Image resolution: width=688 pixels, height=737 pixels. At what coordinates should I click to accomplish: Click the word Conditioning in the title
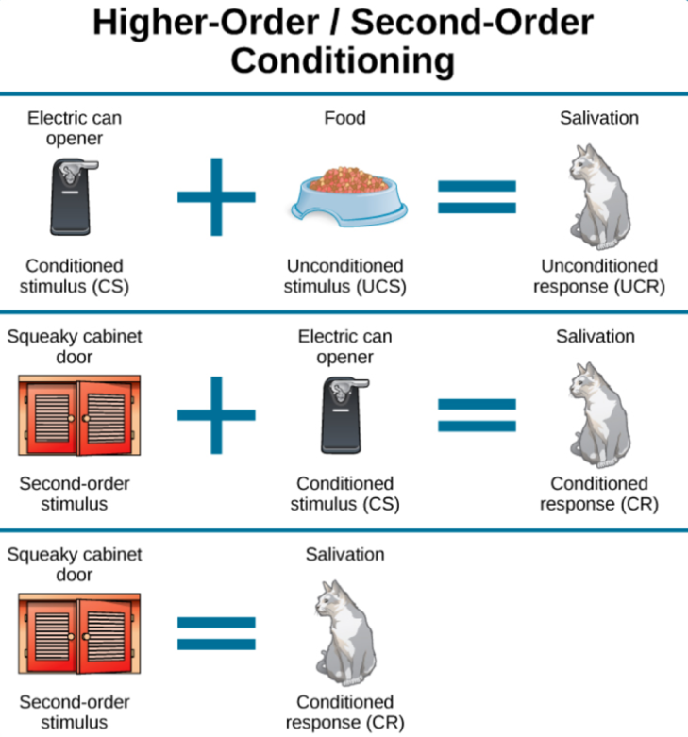(344, 61)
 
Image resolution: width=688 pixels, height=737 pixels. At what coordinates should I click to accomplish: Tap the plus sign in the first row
(216, 196)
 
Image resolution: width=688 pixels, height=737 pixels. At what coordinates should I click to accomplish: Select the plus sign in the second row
(216, 414)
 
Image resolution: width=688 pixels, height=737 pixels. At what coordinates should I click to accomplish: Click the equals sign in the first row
(477, 196)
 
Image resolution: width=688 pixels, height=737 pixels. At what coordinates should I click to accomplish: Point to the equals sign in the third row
(216, 633)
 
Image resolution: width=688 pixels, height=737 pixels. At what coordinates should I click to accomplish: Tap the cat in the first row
(597, 194)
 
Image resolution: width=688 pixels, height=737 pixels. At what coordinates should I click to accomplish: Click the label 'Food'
(344, 118)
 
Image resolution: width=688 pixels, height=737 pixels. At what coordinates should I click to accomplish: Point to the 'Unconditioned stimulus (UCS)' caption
(344, 276)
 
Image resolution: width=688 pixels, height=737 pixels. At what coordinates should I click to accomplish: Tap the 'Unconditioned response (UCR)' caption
(598, 276)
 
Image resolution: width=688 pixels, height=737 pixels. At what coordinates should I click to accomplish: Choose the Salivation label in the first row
(598, 118)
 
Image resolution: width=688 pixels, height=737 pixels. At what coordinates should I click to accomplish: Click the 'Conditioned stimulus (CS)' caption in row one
(75, 276)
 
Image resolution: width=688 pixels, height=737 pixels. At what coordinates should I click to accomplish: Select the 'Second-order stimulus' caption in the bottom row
(75, 712)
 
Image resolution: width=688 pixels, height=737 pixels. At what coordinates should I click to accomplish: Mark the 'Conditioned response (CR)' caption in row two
(598, 494)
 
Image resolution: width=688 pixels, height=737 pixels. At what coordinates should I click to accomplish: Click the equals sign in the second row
(477, 414)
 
